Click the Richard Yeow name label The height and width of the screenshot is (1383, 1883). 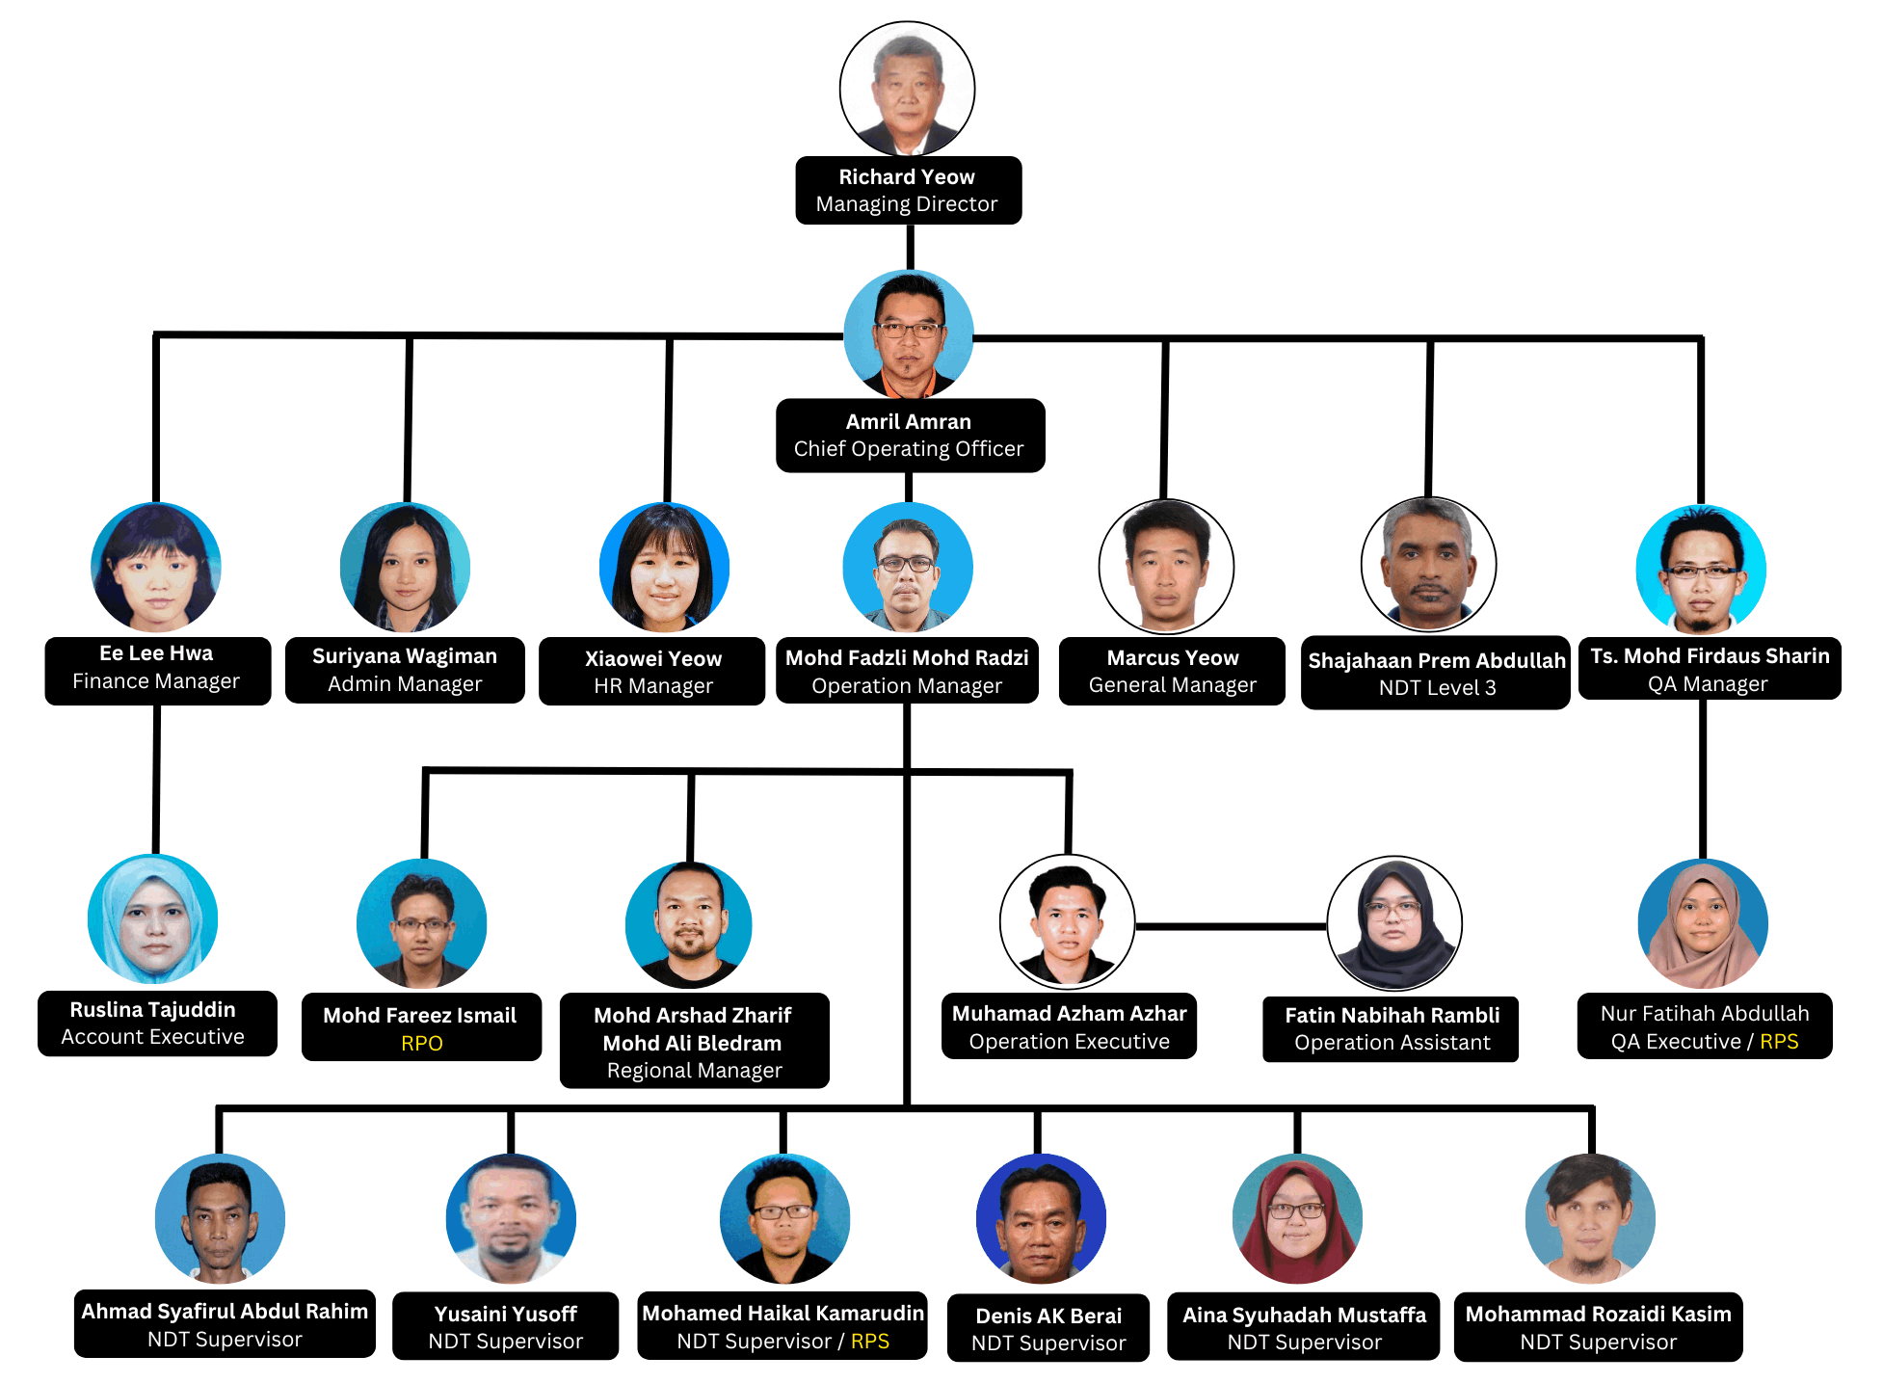pos(907,176)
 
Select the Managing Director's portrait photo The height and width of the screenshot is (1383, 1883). pos(907,89)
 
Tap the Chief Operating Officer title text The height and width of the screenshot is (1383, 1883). pos(909,449)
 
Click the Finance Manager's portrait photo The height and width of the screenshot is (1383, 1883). pos(156,567)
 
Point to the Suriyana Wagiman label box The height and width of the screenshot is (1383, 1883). pos(405,670)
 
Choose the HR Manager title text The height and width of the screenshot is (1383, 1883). pos(653,686)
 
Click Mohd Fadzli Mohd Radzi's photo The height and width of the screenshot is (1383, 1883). pos(908,567)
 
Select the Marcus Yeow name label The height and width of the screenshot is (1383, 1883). pos(1173,657)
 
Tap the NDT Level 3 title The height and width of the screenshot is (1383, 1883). pos(1437,688)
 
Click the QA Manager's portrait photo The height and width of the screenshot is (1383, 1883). pos(1701,570)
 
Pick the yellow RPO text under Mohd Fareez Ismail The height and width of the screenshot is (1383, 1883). pos(422,1043)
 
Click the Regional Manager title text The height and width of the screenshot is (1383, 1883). pos(695,1071)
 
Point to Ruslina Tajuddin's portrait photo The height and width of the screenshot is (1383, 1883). pos(152,919)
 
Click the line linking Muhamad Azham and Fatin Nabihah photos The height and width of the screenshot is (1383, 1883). pos(1232,926)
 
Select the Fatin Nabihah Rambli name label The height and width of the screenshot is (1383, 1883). pos(1392,1015)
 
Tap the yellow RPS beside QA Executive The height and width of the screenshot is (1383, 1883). pos(1779,1042)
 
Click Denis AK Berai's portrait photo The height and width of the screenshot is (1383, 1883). pos(1041,1218)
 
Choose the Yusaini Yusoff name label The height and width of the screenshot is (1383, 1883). pos(506,1314)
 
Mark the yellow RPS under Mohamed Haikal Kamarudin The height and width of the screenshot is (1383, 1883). pos(870,1342)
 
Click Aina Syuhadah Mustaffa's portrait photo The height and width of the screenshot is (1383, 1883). pos(1297,1218)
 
